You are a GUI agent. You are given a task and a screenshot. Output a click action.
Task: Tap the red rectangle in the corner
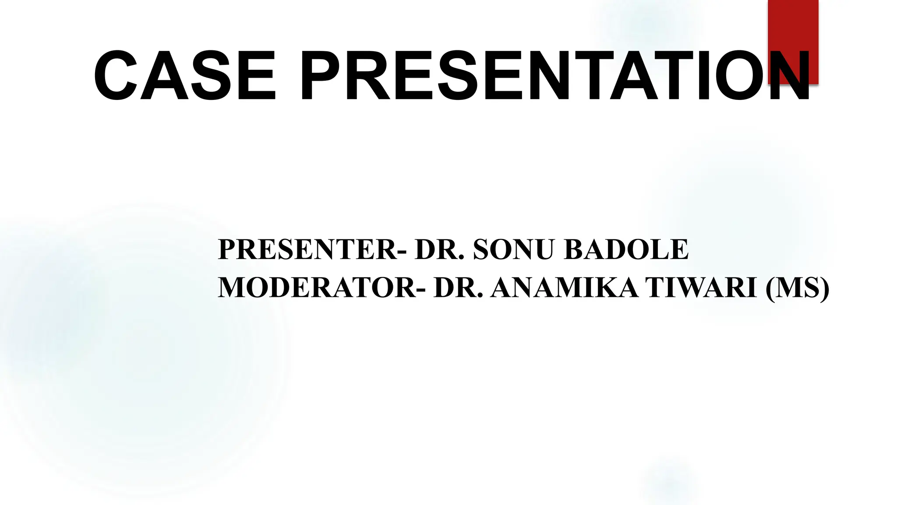pos(793,26)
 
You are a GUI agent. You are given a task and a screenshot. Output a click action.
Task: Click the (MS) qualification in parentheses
pos(798,288)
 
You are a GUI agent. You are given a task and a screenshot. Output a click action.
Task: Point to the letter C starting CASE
pos(115,76)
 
